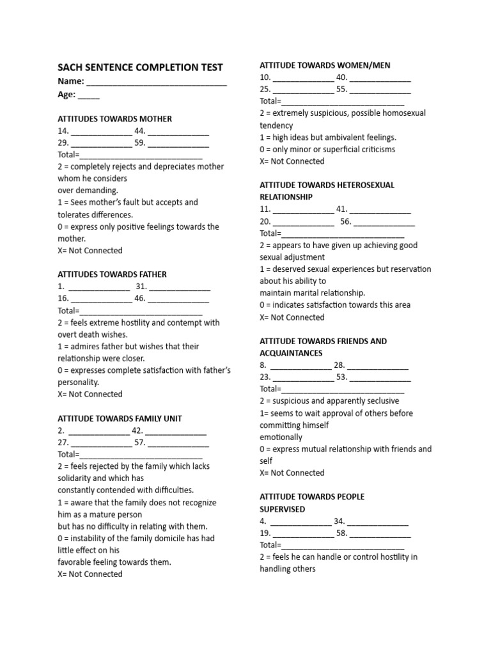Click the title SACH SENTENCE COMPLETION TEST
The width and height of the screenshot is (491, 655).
[x=140, y=67]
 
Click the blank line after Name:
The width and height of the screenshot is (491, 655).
[x=157, y=83]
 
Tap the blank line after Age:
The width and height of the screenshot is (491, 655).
[x=90, y=95]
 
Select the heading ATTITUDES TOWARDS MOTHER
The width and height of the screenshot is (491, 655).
[x=114, y=119]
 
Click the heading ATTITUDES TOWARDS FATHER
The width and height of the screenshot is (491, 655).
[x=112, y=274]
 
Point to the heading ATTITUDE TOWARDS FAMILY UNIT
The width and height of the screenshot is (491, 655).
[x=120, y=418]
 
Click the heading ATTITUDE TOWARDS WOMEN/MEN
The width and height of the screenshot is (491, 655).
[x=325, y=65]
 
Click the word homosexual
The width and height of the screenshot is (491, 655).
[x=400, y=113]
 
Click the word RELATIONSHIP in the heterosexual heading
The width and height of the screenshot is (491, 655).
[x=286, y=197]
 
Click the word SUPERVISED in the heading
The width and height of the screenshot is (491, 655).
[x=282, y=509]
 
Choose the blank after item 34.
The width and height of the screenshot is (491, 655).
[x=378, y=522]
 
